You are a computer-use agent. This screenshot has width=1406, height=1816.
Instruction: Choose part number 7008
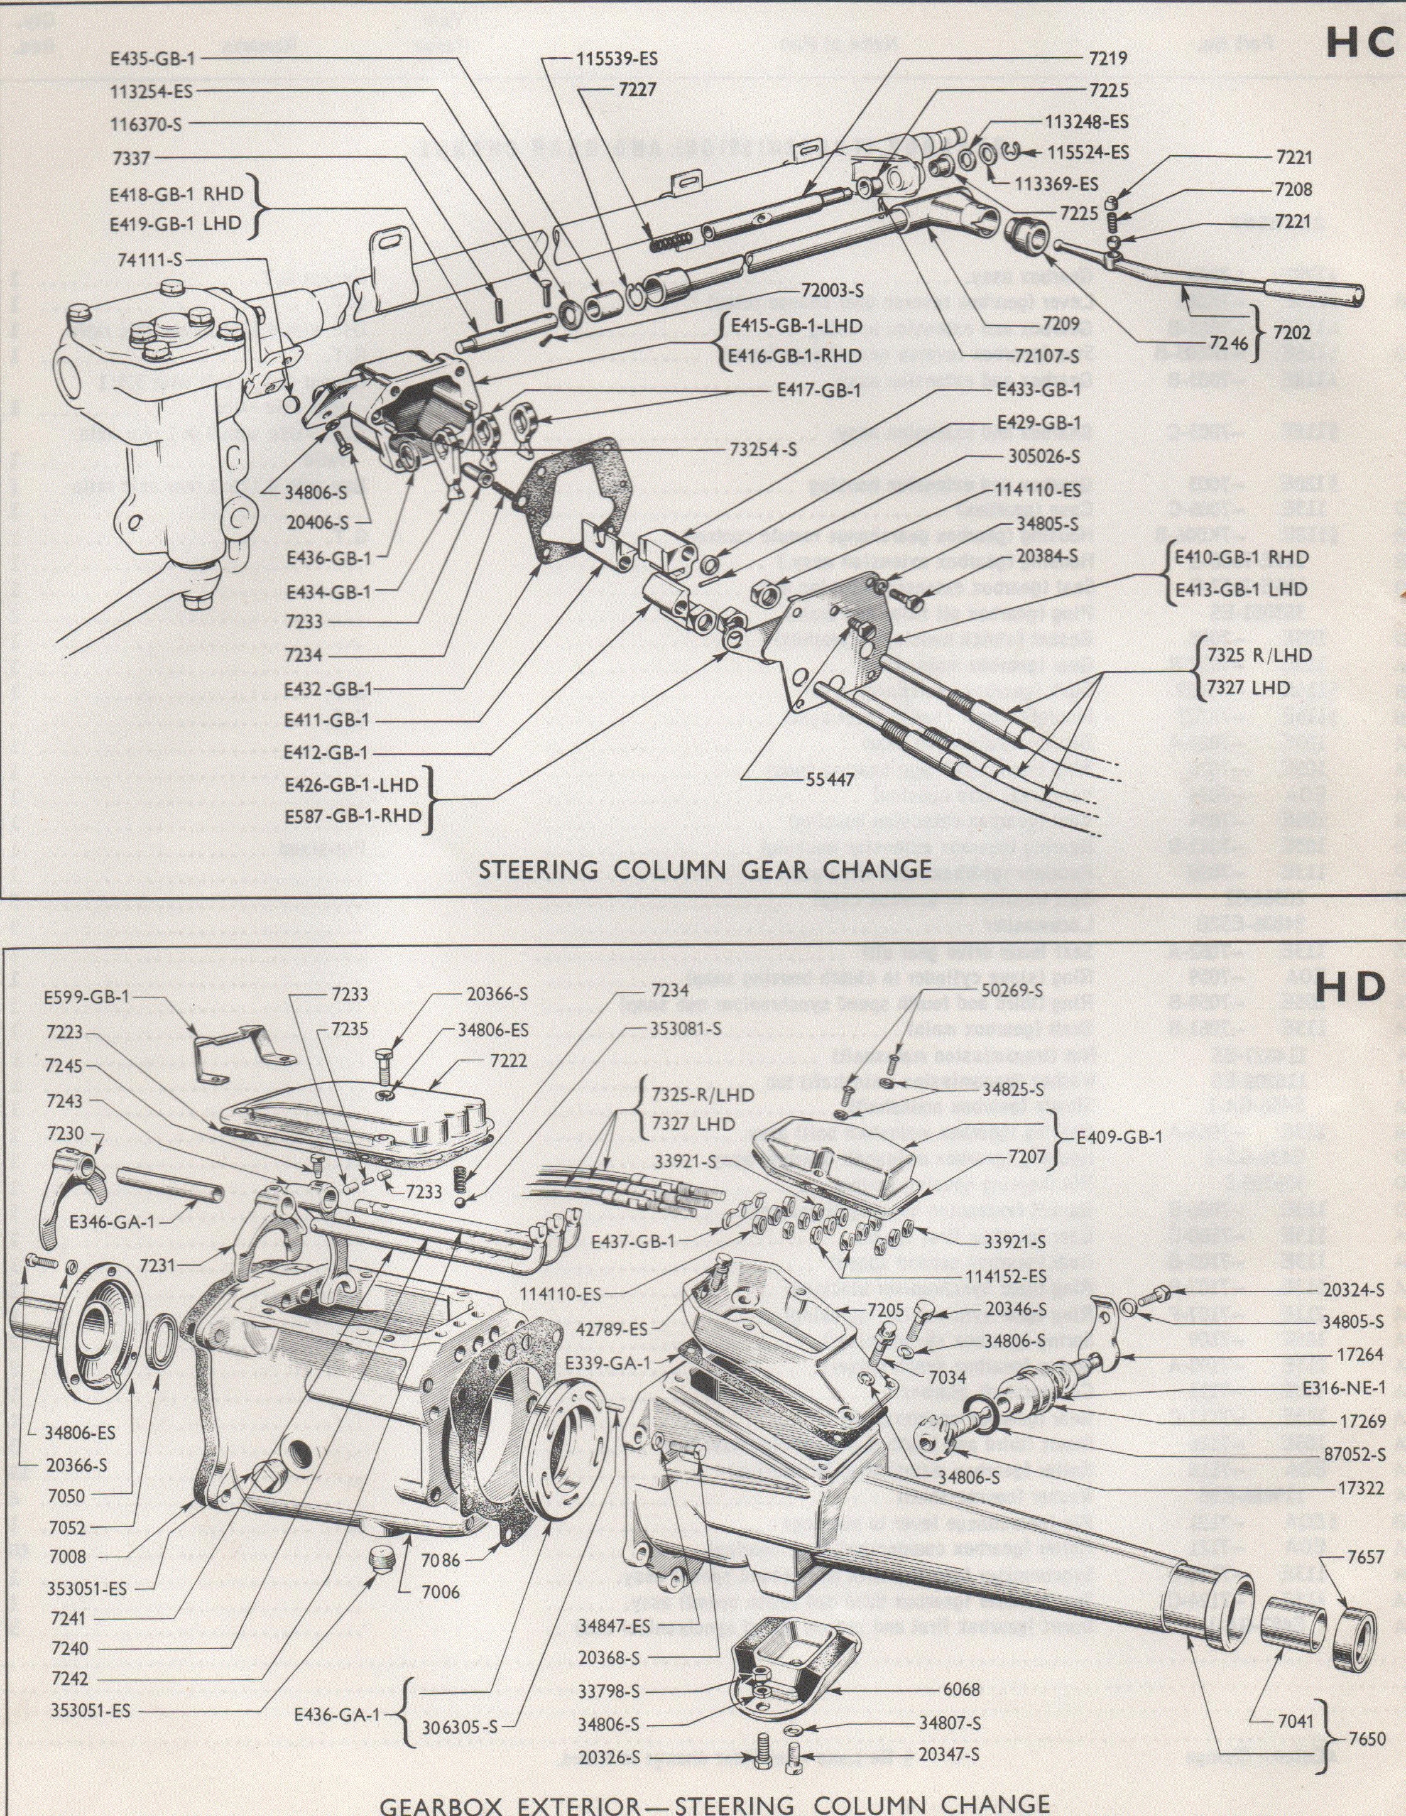pos(69,1556)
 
